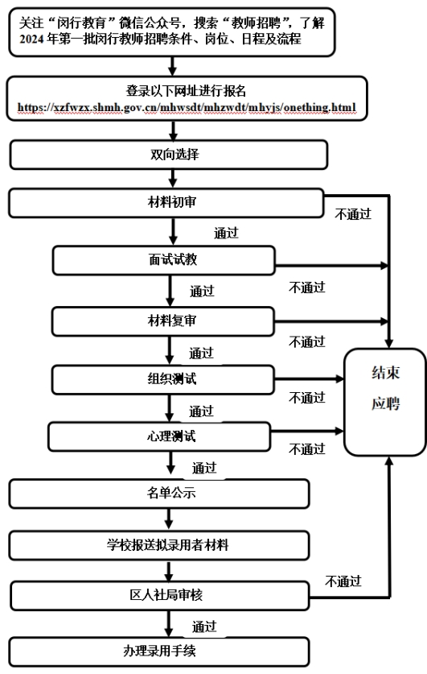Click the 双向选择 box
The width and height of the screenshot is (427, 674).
click(x=169, y=155)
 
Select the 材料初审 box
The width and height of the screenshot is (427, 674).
click(x=166, y=203)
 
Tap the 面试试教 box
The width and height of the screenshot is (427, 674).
click(x=163, y=260)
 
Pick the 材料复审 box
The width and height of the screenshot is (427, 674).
click(x=163, y=321)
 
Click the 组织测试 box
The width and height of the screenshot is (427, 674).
click(x=163, y=380)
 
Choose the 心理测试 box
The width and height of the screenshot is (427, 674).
click(x=159, y=437)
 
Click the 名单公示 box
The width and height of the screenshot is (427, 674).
click(x=159, y=494)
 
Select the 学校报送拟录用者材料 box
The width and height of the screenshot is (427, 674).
click(x=159, y=546)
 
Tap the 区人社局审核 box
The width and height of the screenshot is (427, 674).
click(x=160, y=596)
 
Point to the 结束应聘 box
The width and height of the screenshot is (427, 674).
click(x=385, y=403)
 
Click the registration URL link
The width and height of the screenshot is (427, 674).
click(x=187, y=107)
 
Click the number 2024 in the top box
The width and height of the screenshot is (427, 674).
click(x=31, y=39)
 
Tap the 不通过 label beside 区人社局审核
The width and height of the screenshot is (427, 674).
click(x=343, y=581)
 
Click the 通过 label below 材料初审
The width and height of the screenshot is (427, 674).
click(x=226, y=233)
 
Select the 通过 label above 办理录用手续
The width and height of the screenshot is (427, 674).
click(x=204, y=626)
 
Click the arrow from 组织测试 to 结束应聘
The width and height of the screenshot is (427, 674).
click(x=310, y=379)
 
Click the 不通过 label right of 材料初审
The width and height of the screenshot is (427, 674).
click(x=353, y=214)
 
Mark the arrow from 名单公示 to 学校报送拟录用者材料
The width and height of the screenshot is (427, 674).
click(x=169, y=519)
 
